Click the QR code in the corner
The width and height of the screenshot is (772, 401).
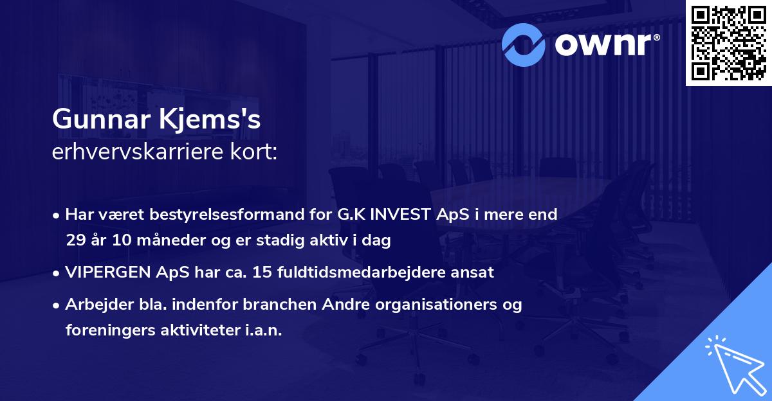coord(728,43)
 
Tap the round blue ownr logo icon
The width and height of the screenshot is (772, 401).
coord(524,44)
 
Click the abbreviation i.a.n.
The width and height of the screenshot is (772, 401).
coord(264,330)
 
